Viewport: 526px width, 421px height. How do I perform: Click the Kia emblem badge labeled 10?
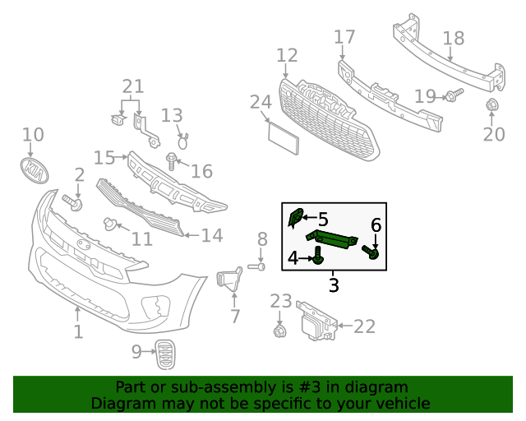tap(34, 169)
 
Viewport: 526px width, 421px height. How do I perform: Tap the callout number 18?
tap(453, 38)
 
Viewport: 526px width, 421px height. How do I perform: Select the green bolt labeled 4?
tap(316, 259)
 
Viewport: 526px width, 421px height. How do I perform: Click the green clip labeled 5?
tap(296, 218)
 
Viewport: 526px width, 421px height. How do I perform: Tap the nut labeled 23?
tap(279, 331)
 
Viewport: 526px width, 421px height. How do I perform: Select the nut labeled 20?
tap(491, 105)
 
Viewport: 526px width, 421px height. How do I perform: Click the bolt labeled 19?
tap(454, 95)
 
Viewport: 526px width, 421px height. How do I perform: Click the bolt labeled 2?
tap(72, 201)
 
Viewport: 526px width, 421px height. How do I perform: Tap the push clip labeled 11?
tap(108, 223)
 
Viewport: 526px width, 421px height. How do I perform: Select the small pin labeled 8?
tap(256, 266)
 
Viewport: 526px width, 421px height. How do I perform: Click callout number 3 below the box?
tap(334, 285)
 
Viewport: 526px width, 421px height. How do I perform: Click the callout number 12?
tap(287, 56)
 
